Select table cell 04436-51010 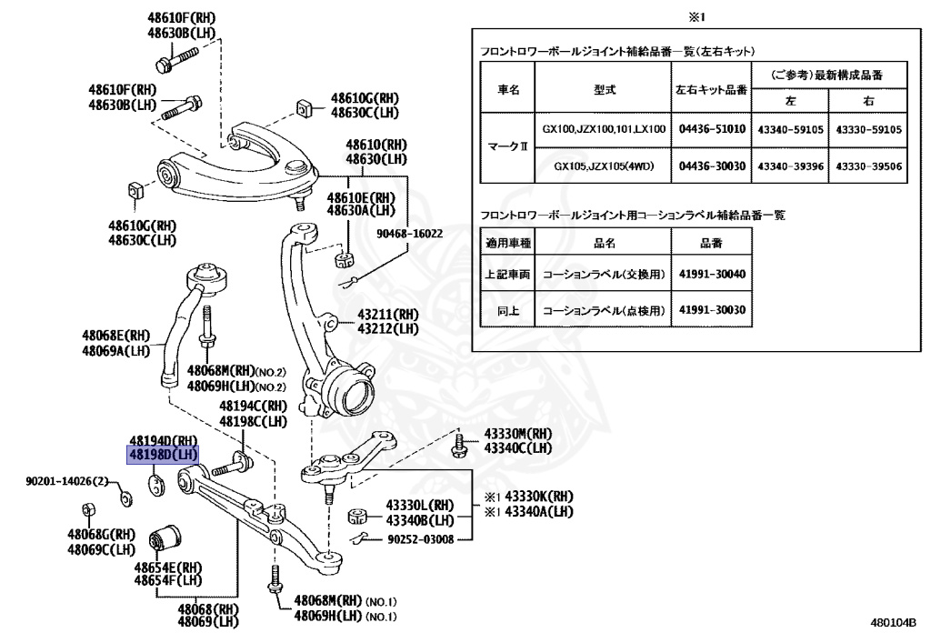pyautogui.click(x=711, y=129)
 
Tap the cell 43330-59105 pyautogui.click(x=868, y=129)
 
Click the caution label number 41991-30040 pyautogui.click(x=711, y=273)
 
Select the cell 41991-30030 pyautogui.click(x=711, y=309)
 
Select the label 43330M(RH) pyautogui.click(x=517, y=435)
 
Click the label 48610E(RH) pyautogui.click(x=361, y=197)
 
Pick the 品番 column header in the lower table pyautogui.click(x=711, y=243)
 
